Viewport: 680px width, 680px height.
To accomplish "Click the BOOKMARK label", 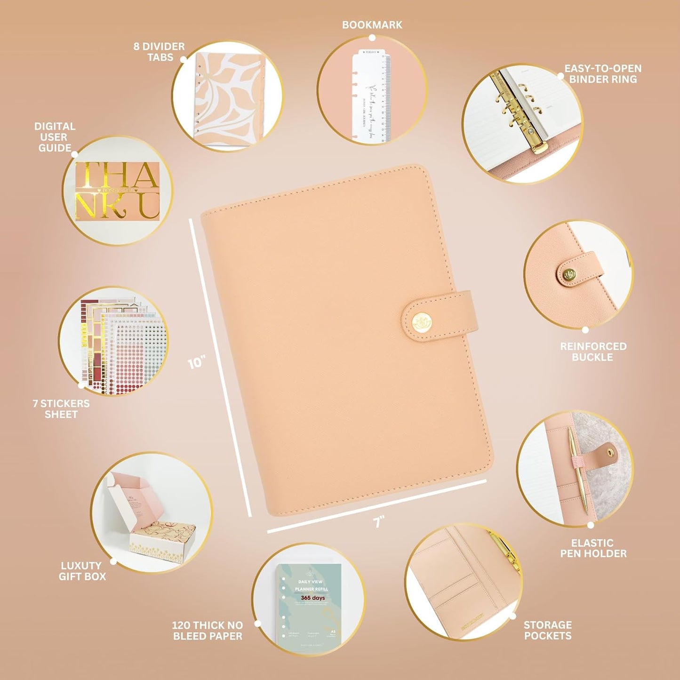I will click(372, 25).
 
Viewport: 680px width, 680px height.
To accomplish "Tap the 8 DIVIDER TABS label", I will click(159, 52).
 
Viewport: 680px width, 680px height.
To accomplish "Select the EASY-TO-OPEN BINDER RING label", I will click(603, 74).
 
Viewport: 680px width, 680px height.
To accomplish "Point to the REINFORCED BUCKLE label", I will click(593, 352).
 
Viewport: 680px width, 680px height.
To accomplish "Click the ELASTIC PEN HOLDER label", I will click(593, 548).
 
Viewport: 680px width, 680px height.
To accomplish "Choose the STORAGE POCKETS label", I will click(547, 630).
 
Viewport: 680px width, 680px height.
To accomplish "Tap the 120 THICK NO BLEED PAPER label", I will click(208, 631).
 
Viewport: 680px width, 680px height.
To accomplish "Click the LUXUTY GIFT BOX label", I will click(82, 571).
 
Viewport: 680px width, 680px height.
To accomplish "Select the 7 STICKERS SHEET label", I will click(61, 409).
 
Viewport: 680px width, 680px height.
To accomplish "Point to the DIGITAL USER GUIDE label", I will click(55, 137).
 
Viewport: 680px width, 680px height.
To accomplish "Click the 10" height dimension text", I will click(196, 363).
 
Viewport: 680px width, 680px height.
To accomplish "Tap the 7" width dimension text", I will click(379, 521).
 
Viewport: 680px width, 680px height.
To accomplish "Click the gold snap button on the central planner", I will click(420, 323).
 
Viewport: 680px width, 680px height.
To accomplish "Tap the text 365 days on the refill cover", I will click(312, 598).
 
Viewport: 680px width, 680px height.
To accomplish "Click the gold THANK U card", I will click(118, 191).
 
